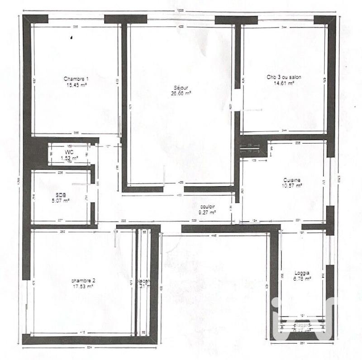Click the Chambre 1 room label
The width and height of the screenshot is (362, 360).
tap(76, 78)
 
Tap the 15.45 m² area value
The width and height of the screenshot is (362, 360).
tap(76, 84)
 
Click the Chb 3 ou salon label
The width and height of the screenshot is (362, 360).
tap(284, 77)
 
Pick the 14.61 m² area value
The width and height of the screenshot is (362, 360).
tap(284, 83)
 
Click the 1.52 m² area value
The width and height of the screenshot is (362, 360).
tap(69, 158)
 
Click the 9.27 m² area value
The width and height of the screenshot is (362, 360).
tap(207, 212)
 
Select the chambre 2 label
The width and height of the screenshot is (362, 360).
tap(83, 280)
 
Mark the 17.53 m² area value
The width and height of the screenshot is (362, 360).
tap(83, 286)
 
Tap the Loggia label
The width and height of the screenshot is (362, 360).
tap(302, 273)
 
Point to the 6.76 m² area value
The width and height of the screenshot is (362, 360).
tap(302, 279)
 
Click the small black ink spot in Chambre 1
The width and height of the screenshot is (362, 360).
tap(71, 38)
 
